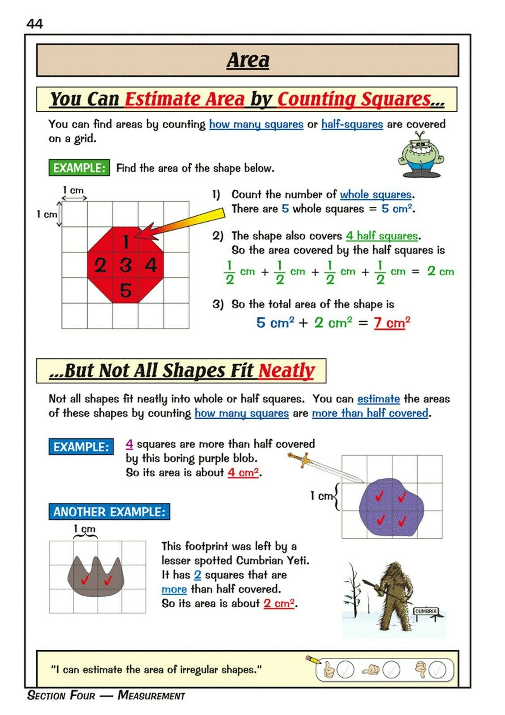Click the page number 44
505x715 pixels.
click(35, 23)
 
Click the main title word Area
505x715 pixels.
click(248, 60)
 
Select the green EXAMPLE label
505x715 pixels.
click(79, 168)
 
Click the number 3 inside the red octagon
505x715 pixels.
click(126, 265)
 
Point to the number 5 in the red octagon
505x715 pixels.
click(126, 290)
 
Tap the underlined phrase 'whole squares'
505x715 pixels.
click(375, 194)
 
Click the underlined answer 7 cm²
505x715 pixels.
click(392, 322)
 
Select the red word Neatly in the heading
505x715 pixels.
click(286, 371)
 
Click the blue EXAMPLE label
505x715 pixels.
click(81, 447)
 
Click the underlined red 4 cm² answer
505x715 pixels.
click(243, 472)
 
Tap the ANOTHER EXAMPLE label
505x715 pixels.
click(109, 512)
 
